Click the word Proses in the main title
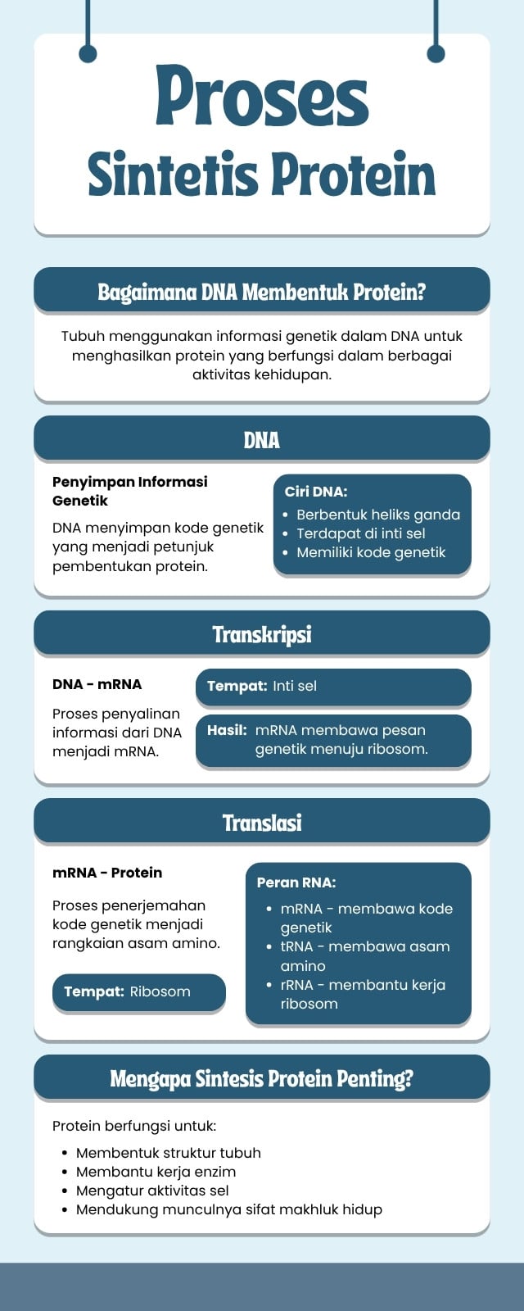tap(262, 98)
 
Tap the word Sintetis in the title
tap(173, 174)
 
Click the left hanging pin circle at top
tap(88, 53)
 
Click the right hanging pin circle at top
tap(436, 53)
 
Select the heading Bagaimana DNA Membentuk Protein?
tap(261, 291)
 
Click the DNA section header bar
tap(261, 438)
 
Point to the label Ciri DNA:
tap(316, 492)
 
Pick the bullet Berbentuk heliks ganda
tap(377, 515)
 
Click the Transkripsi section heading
tap(261, 634)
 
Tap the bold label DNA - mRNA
tap(97, 684)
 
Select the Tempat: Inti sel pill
tap(333, 687)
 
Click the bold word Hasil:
tap(227, 730)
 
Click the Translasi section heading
tap(261, 823)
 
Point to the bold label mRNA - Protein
tap(107, 872)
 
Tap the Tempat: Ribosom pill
tap(139, 991)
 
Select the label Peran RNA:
tap(296, 882)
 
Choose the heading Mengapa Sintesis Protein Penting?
tap(261, 1078)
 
